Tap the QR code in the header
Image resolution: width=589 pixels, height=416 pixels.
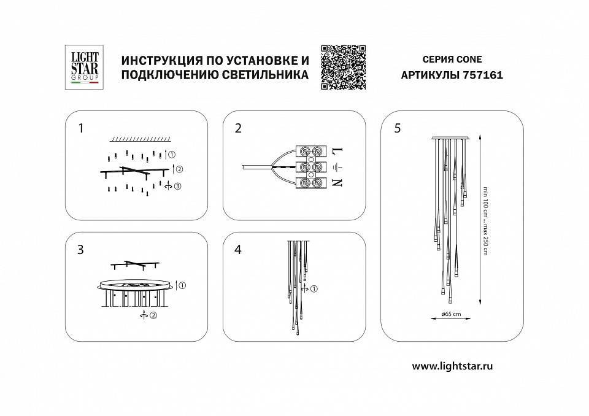(344, 67)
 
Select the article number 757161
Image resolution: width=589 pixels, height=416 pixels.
(468, 76)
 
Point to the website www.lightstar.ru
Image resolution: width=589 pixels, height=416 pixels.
(453, 366)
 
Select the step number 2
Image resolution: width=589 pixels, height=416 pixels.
(238, 128)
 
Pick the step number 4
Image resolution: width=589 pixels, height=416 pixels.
(238, 250)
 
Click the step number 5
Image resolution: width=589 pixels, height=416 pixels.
(398, 128)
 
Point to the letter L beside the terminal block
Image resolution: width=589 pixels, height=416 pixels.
(337, 151)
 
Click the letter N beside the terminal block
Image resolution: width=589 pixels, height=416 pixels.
(337, 182)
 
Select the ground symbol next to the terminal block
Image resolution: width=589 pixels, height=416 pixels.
(336, 166)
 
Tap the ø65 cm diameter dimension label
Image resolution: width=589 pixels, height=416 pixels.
(451, 314)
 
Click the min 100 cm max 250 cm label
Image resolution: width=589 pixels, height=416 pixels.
(485, 221)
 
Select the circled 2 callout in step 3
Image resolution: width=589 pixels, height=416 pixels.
(154, 315)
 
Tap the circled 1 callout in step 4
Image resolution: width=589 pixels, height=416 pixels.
(314, 289)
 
